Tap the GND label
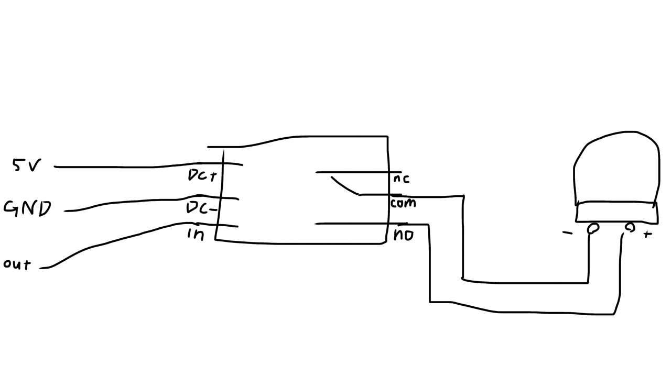[x=27, y=208]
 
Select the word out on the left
[x=17, y=264]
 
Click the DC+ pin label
[x=202, y=175]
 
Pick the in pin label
[x=196, y=235]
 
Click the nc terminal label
[x=401, y=179]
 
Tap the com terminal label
[x=403, y=203]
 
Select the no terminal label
[x=403, y=235]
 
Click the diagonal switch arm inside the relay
[x=344, y=186]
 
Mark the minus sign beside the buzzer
[x=567, y=233]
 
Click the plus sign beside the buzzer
[x=647, y=234]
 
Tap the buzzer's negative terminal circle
[x=594, y=228]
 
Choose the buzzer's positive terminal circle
[x=630, y=227]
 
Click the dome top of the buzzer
[x=616, y=168]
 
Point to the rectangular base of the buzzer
[x=616, y=213]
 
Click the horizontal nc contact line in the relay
[x=356, y=172]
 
